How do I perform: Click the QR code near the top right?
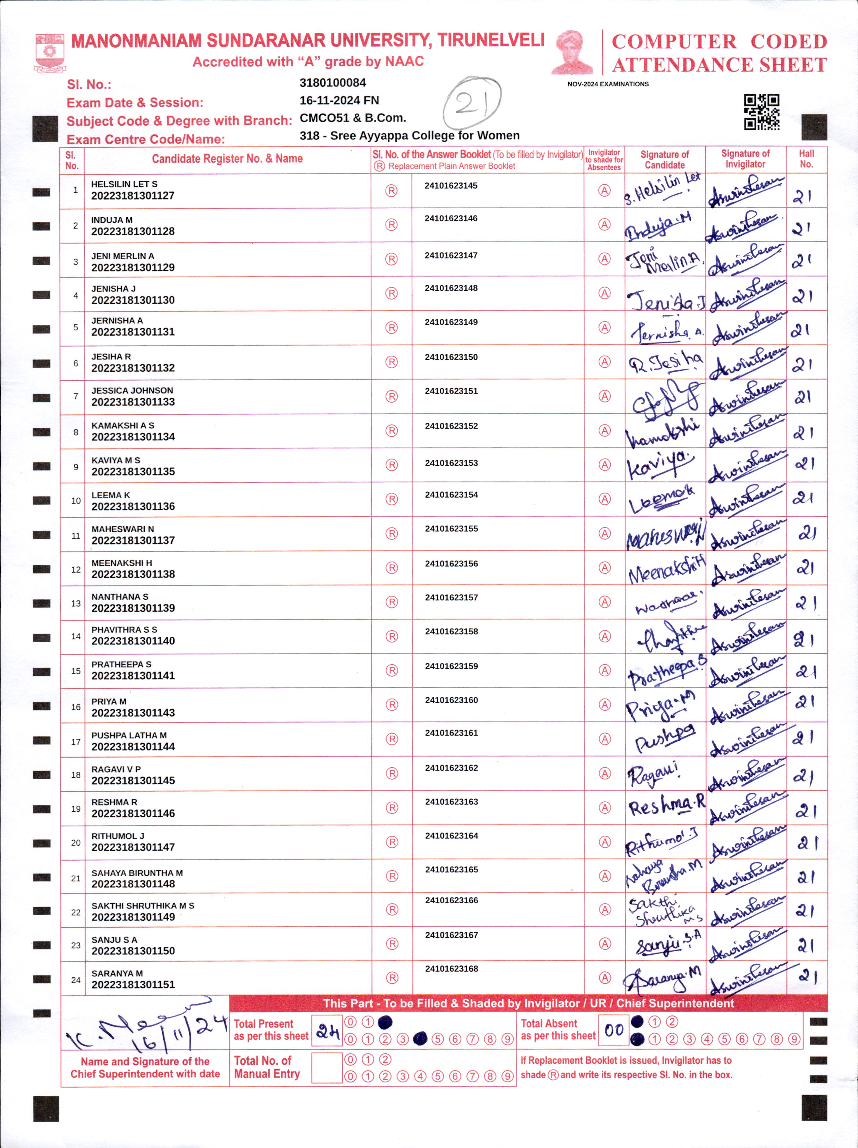click(x=762, y=112)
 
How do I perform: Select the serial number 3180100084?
click(x=333, y=83)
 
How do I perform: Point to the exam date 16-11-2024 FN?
click(x=339, y=101)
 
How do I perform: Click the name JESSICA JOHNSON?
click(x=132, y=390)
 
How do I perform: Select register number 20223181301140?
click(x=133, y=641)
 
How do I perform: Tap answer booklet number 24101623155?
click(x=451, y=529)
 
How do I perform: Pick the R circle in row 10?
click(x=392, y=499)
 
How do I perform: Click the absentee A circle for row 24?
click(x=605, y=978)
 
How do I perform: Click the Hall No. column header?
click(x=806, y=159)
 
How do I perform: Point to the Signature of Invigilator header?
click(x=745, y=159)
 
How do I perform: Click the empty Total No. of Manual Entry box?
click(x=327, y=1067)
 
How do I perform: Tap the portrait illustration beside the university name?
click(x=572, y=52)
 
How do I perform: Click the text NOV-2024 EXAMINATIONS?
click(x=608, y=84)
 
